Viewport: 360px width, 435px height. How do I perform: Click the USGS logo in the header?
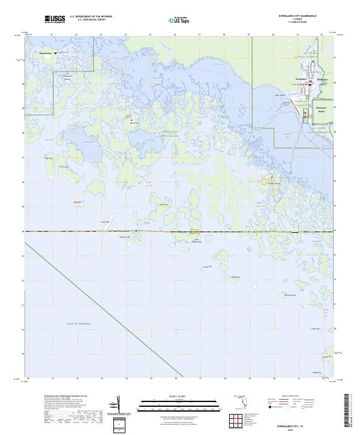(x=55, y=19)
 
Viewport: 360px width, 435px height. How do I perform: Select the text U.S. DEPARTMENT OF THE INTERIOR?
(x=91, y=17)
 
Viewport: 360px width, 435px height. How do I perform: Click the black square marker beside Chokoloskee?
(x=55, y=53)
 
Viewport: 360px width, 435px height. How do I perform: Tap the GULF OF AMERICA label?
(x=79, y=324)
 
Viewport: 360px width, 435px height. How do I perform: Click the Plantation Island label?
(x=321, y=110)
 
